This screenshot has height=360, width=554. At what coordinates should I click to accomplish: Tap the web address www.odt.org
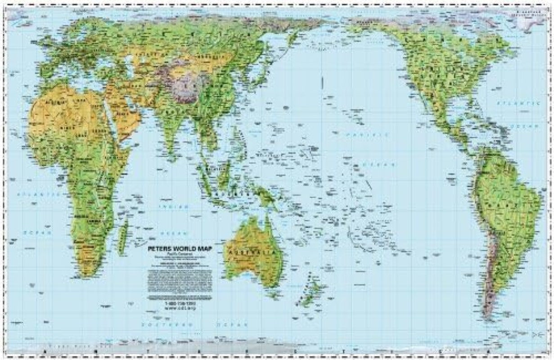182,308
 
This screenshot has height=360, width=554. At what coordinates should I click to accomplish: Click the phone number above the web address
182,303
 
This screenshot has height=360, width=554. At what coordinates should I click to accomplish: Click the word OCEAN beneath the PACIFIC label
381,165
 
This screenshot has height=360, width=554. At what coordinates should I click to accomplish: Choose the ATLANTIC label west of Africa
38,194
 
